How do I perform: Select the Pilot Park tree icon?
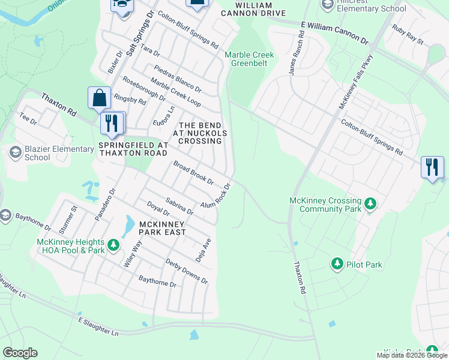pos(337,264)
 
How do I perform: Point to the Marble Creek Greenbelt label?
pos(249,58)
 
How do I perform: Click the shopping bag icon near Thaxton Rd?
pos(99,97)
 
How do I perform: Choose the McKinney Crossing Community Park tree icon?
pos(371,205)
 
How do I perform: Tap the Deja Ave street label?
pos(203,248)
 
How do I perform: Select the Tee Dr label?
pos(28,118)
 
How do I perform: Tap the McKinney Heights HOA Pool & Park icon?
pos(113,246)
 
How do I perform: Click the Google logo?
pos(20,353)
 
